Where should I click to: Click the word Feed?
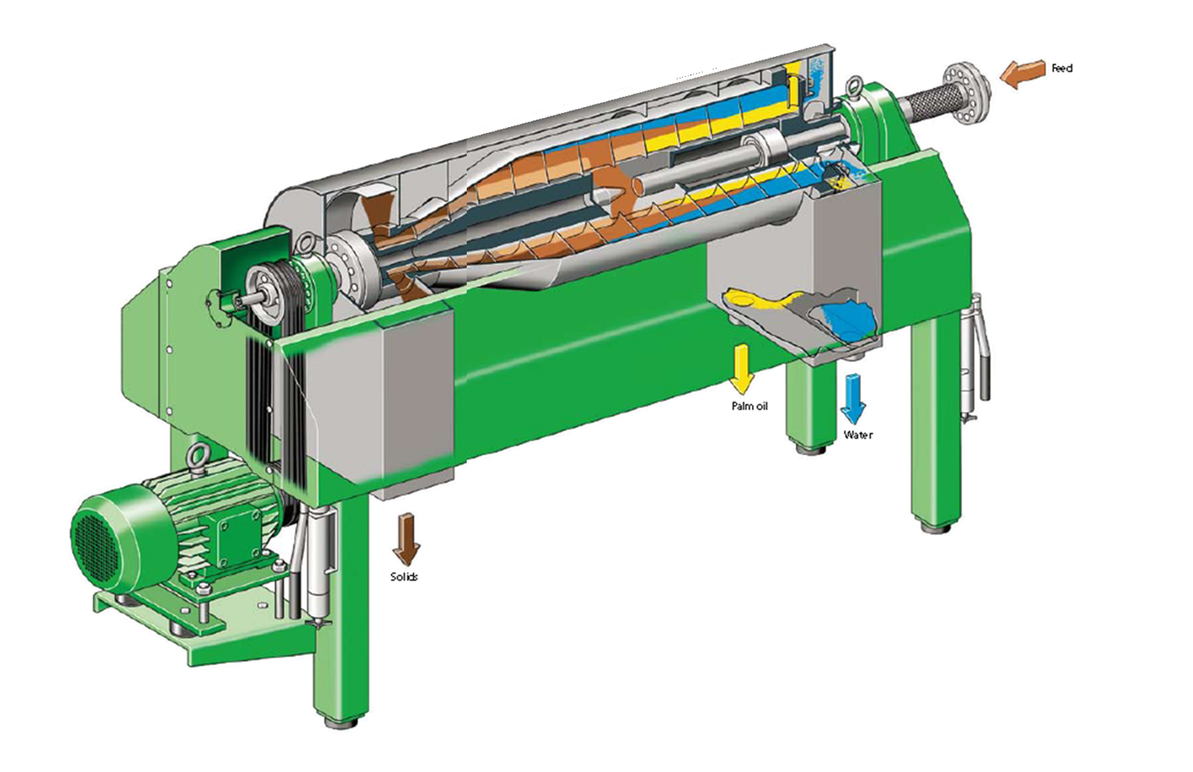click(1062, 69)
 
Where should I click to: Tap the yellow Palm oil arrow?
click(742, 370)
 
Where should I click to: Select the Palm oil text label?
click(750, 407)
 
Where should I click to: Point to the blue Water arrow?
click(853, 398)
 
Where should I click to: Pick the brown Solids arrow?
click(407, 539)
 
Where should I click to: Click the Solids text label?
click(404, 577)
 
